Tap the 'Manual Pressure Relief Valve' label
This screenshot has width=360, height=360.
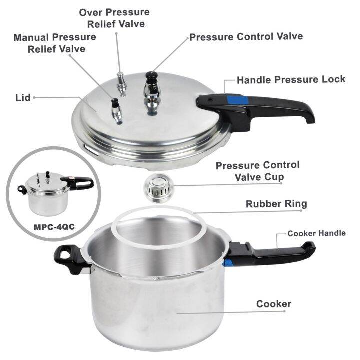click(55, 43)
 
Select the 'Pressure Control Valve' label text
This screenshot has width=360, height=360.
click(246, 37)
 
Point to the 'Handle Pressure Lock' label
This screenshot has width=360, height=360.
click(291, 80)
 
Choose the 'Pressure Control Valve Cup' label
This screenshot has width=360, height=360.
click(257, 171)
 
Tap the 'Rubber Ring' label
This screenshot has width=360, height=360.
click(276, 204)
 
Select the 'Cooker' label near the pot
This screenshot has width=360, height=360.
click(273, 304)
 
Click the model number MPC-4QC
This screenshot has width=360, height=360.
click(54, 226)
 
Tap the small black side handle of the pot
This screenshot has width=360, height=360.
click(69, 259)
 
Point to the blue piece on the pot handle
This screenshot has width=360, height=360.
click(229, 264)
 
